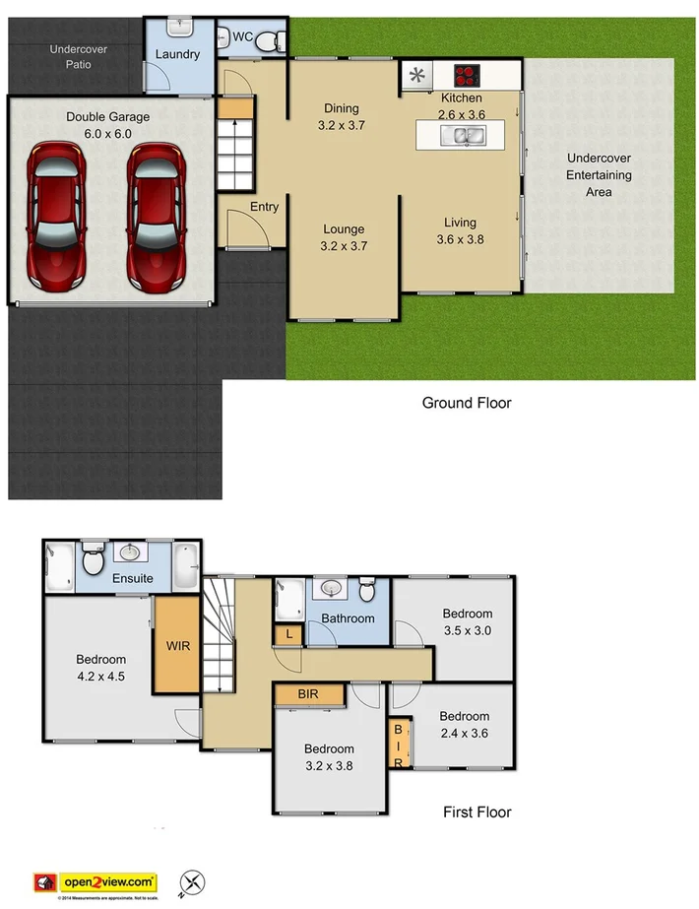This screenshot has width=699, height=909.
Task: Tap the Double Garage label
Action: coord(108,125)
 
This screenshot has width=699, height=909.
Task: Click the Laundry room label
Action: coord(177,55)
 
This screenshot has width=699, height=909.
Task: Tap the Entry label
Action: coord(264,207)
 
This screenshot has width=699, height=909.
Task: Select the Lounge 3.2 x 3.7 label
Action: coord(344,238)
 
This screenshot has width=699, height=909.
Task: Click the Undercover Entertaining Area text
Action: coord(599,175)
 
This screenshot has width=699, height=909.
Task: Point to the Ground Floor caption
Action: coord(467,402)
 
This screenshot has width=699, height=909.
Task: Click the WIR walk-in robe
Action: coord(178,646)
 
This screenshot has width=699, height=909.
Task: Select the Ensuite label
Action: coord(132,578)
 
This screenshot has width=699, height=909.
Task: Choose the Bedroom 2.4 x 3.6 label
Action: coord(464,724)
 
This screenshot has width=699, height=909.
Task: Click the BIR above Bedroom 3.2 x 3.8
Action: coord(309,695)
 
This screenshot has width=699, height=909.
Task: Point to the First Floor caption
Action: coord(477,812)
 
